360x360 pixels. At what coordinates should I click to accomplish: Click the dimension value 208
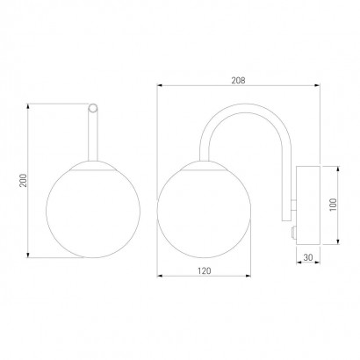click(x=238, y=80)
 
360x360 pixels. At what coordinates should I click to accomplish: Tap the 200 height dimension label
click(x=23, y=181)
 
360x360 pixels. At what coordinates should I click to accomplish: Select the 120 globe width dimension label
click(x=204, y=271)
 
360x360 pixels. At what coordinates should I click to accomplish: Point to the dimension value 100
click(x=333, y=205)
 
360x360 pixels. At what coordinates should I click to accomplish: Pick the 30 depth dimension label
click(x=308, y=257)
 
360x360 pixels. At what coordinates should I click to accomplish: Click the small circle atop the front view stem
click(x=93, y=108)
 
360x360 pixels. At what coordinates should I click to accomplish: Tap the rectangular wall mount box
click(x=308, y=205)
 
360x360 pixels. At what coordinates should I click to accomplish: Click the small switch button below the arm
click(x=293, y=233)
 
